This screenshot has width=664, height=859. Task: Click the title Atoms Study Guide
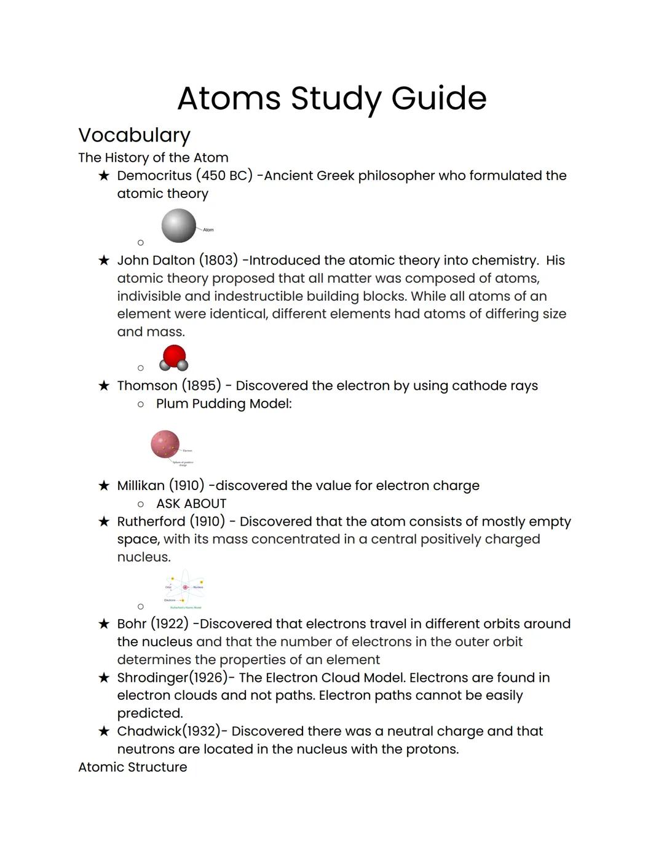pos(331,98)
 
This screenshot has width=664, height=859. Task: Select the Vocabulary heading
pos(134,135)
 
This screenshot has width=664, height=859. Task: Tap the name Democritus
pos(154,176)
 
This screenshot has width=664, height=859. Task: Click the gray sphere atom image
pos(178,226)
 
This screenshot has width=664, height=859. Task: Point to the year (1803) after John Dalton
pos(218,261)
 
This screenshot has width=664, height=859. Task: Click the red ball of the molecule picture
pos(174,355)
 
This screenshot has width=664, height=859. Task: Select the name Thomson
pos(147,386)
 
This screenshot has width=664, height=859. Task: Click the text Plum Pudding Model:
pos(224,404)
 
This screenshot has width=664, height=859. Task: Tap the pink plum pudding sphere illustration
pos(165,444)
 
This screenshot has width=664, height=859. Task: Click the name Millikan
pos(141,486)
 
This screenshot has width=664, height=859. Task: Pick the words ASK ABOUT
pos(191,504)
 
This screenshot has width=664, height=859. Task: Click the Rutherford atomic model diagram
pos(184,590)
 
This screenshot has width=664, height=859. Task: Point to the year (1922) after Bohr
pos(170,624)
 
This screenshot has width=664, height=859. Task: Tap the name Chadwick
pos(149,732)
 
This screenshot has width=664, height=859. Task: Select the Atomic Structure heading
pos(132,767)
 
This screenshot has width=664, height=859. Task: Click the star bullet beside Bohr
pos(104,624)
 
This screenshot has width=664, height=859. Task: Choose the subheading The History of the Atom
pos(153,158)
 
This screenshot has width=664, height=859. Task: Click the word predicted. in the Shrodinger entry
pos(150,713)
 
